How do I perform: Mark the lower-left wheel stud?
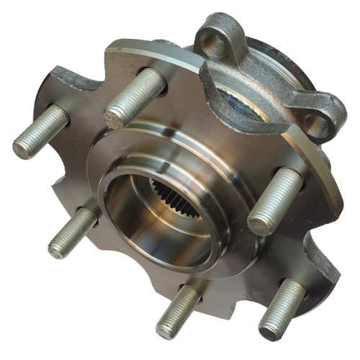[73, 232]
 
